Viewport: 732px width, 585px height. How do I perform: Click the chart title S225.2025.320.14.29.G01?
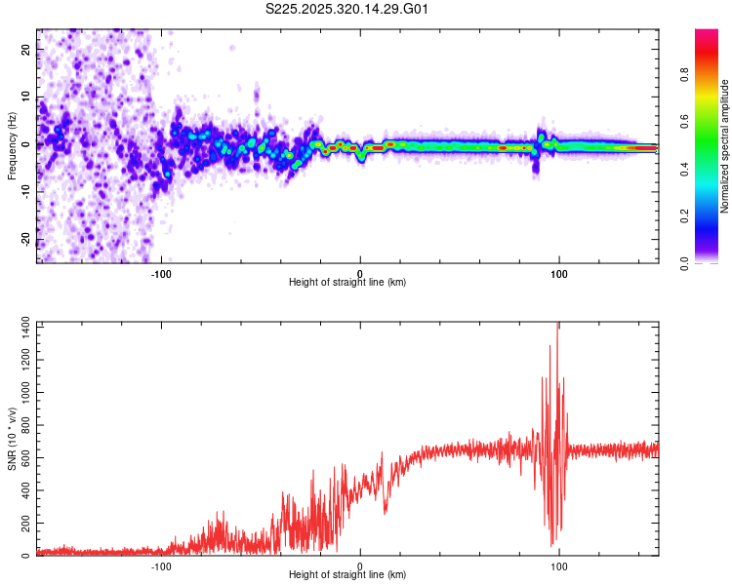coord(347,10)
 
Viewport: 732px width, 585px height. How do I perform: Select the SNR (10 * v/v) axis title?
coord(12,439)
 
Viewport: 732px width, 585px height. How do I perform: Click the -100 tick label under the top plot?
coord(161,273)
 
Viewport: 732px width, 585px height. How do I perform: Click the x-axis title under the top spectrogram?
coord(347,283)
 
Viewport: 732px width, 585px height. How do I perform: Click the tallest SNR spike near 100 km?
coord(557,327)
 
